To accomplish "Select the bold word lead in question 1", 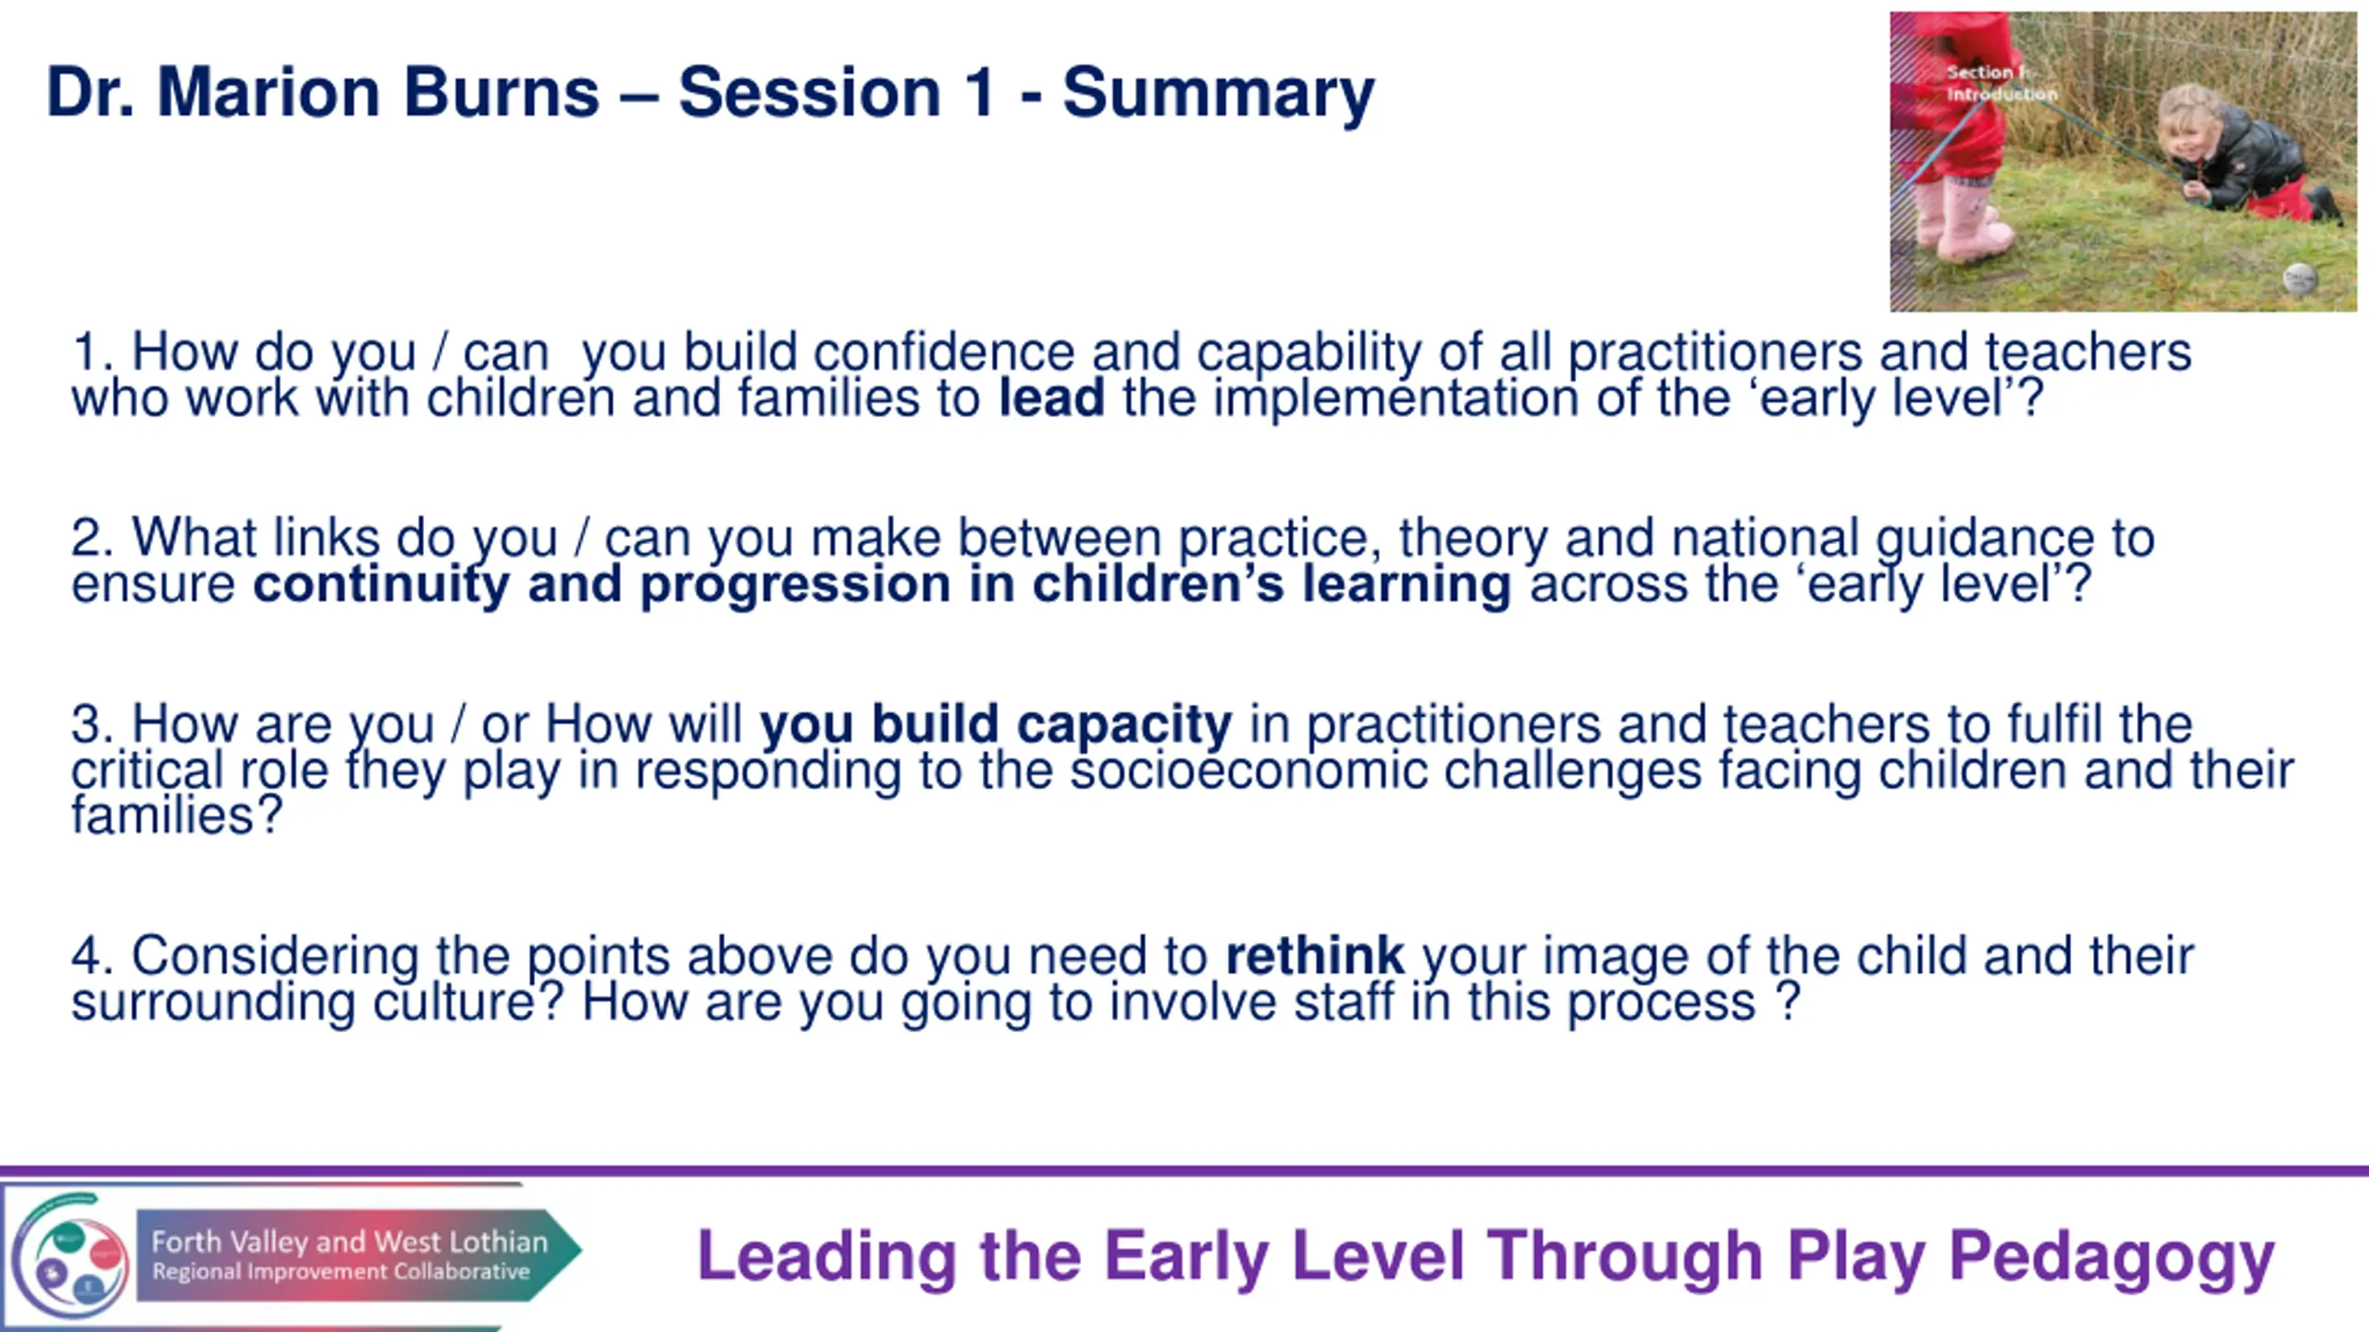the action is coord(1052,398).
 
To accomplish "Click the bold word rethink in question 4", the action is coord(1315,956).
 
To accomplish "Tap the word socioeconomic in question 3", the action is coord(1248,771).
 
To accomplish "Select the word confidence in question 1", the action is coord(944,352).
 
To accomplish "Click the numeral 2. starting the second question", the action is coord(93,538).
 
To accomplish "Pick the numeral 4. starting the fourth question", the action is coord(93,956).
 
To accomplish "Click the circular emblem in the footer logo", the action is coord(70,1258).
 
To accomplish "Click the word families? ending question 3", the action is coord(177,817).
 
